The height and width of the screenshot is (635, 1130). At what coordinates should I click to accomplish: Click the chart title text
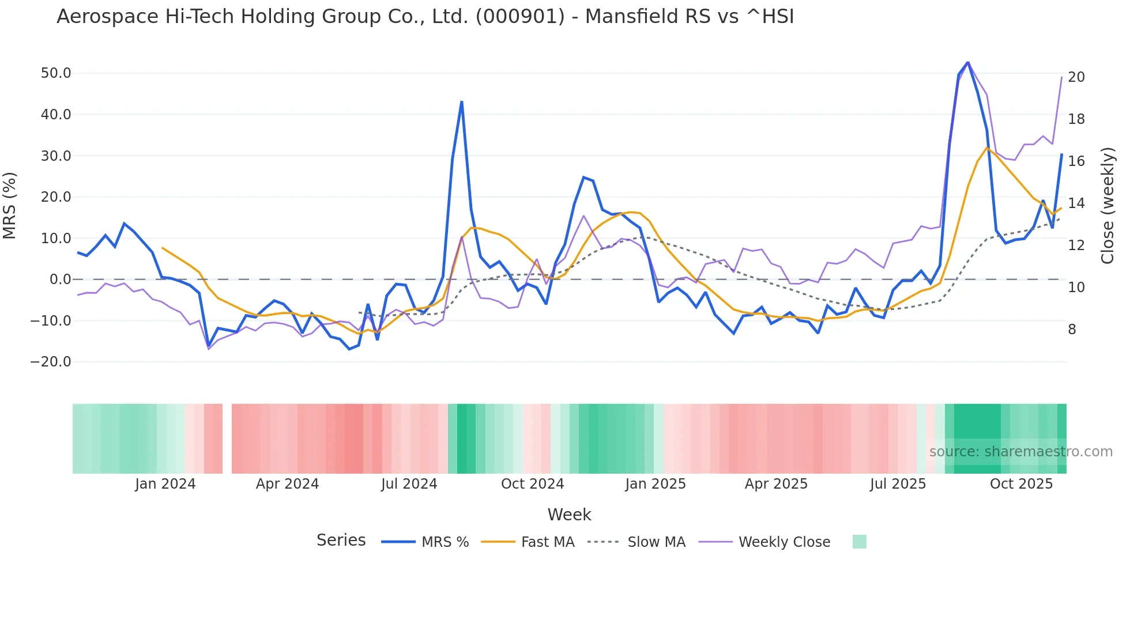pyautogui.click(x=425, y=17)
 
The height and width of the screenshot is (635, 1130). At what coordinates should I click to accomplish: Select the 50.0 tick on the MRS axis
pyautogui.click(x=56, y=73)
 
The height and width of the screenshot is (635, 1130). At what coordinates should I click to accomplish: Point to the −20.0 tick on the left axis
pyautogui.click(x=51, y=362)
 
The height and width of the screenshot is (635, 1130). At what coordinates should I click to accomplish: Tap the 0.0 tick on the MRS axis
pyautogui.click(x=61, y=279)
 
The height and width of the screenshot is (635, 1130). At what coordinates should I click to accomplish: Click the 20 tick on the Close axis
pyautogui.click(x=1076, y=77)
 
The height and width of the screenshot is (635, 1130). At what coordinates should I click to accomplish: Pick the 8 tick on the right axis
pyautogui.click(x=1072, y=330)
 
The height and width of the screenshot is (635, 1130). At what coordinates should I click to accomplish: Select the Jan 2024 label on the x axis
pyautogui.click(x=165, y=484)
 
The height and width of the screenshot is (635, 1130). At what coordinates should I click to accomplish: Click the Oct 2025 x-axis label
pyautogui.click(x=1021, y=484)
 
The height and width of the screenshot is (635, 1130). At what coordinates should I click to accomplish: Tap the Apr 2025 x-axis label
pyautogui.click(x=776, y=484)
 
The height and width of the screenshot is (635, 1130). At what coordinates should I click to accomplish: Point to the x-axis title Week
pyautogui.click(x=569, y=515)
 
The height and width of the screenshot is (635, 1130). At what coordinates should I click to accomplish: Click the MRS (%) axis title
pyautogui.click(x=10, y=205)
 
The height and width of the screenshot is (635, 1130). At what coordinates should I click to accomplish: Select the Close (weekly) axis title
pyautogui.click(x=1108, y=205)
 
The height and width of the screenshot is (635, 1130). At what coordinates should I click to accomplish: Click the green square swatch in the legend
pyautogui.click(x=859, y=542)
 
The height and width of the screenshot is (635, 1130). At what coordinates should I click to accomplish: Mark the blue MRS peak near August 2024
pyautogui.click(x=462, y=103)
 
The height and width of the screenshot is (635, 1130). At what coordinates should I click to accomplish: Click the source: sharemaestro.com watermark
pyautogui.click(x=1020, y=452)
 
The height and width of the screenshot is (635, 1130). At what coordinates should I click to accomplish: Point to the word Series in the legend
pyautogui.click(x=341, y=540)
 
